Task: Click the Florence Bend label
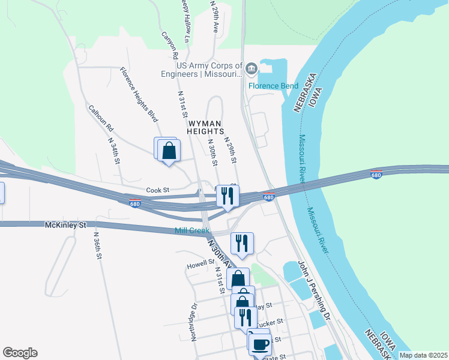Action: (273, 86)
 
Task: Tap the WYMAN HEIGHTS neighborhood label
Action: (206, 127)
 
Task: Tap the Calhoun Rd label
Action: (101, 118)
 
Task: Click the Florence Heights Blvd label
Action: (138, 94)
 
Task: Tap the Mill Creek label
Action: (191, 231)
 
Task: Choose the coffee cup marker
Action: (261, 344)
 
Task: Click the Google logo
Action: (20, 353)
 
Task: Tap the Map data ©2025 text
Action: (423, 355)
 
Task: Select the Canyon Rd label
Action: (169, 46)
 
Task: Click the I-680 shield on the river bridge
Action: (376, 175)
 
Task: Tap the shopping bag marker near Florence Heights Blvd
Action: (169, 150)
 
